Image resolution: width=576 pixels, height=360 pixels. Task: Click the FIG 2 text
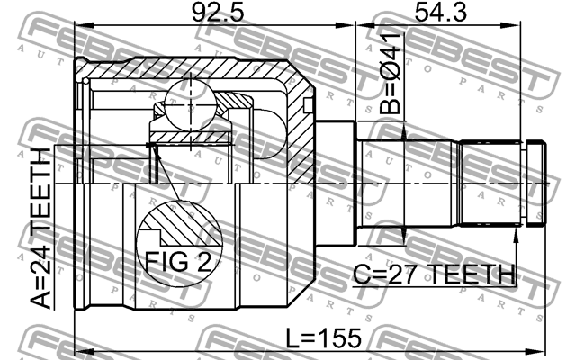[177, 262]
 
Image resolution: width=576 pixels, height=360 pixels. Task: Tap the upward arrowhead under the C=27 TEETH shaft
[516, 234]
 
